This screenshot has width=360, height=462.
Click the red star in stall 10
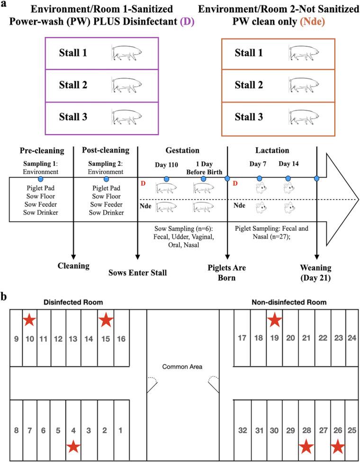29,320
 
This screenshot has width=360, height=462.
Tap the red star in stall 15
106,320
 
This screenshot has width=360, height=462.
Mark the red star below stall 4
73,446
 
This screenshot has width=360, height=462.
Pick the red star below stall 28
306,446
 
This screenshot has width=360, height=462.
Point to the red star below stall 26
337,446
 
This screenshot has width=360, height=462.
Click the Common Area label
182,367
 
